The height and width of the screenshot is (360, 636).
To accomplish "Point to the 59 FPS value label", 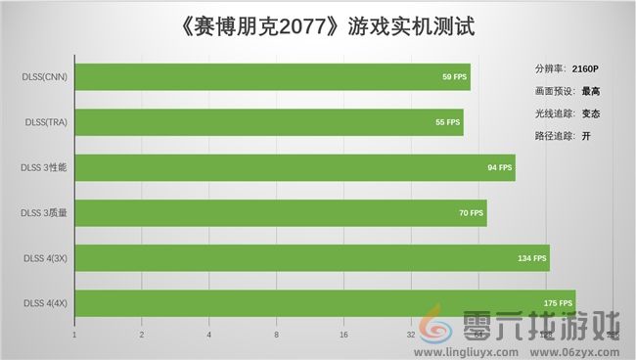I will [455, 76].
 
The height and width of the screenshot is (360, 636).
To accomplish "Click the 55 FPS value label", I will [447, 122].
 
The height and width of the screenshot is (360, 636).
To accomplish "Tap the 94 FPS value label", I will [499, 167].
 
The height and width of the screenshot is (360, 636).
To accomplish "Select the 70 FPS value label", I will [471, 212].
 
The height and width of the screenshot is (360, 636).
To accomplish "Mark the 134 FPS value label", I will [531, 257].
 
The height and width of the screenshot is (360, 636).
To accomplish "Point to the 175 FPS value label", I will [558, 303].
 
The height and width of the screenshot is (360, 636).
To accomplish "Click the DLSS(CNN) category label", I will [45, 76].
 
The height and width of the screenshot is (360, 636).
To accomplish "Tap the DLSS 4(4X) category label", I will [44, 303].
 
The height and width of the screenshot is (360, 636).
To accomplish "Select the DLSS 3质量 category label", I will [43, 212].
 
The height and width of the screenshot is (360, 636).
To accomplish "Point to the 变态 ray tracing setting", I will [591, 113].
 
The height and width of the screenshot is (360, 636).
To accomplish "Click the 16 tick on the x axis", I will [343, 335].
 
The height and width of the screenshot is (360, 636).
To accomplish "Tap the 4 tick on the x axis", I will [209, 335].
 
